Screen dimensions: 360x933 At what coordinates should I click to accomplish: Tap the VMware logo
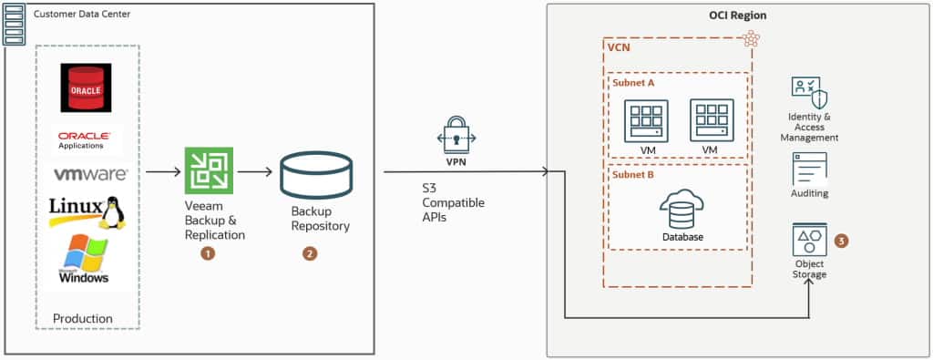(x=90, y=174)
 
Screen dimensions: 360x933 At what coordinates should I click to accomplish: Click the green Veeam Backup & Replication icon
(x=208, y=171)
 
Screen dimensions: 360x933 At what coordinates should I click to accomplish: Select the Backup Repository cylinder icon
(x=315, y=175)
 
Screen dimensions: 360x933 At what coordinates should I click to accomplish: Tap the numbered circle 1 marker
(x=208, y=253)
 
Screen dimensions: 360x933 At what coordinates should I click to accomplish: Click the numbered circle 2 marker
(x=310, y=253)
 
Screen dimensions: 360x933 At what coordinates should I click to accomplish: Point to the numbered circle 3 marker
(x=841, y=241)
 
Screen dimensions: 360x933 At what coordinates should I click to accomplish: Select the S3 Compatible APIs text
(x=454, y=202)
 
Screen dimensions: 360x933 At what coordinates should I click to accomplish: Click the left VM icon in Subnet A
(x=646, y=120)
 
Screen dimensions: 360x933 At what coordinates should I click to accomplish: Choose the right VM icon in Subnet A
(x=712, y=120)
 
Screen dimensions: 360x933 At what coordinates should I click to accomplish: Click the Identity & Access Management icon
(x=809, y=95)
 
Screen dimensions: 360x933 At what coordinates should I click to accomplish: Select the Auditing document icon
(x=809, y=169)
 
